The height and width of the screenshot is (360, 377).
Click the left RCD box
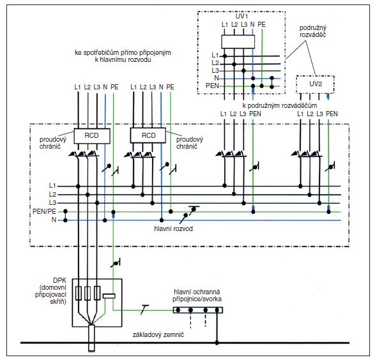[x=92, y=136]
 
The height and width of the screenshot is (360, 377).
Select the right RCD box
[x=148, y=135]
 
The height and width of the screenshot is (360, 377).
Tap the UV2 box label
[x=316, y=84]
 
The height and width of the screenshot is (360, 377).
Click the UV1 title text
[x=242, y=17]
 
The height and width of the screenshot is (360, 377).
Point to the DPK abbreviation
[x=59, y=280]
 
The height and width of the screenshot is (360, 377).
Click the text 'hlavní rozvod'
[x=173, y=229]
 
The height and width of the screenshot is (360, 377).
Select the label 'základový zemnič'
[x=158, y=334]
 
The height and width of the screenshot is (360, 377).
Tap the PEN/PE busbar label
[x=44, y=211]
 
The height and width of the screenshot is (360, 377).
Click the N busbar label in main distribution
[x=54, y=220]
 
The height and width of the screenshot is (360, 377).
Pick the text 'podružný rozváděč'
[x=313, y=31]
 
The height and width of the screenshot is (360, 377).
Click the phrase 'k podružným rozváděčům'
[x=280, y=105]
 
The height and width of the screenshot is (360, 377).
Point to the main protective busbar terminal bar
[x=198, y=310]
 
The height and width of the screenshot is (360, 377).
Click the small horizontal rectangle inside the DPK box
[x=109, y=296]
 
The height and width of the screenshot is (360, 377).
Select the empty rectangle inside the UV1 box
[x=238, y=41]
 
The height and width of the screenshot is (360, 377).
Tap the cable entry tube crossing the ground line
[x=91, y=338]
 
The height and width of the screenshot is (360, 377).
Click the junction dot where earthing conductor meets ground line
[x=217, y=343]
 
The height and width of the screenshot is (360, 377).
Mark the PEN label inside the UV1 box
[x=212, y=86]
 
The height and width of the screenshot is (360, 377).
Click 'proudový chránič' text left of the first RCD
[x=53, y=143]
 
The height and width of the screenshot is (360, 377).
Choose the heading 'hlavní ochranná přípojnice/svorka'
[x=197, y=296]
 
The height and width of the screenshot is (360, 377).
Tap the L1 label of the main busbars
[x=52, y=185]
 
